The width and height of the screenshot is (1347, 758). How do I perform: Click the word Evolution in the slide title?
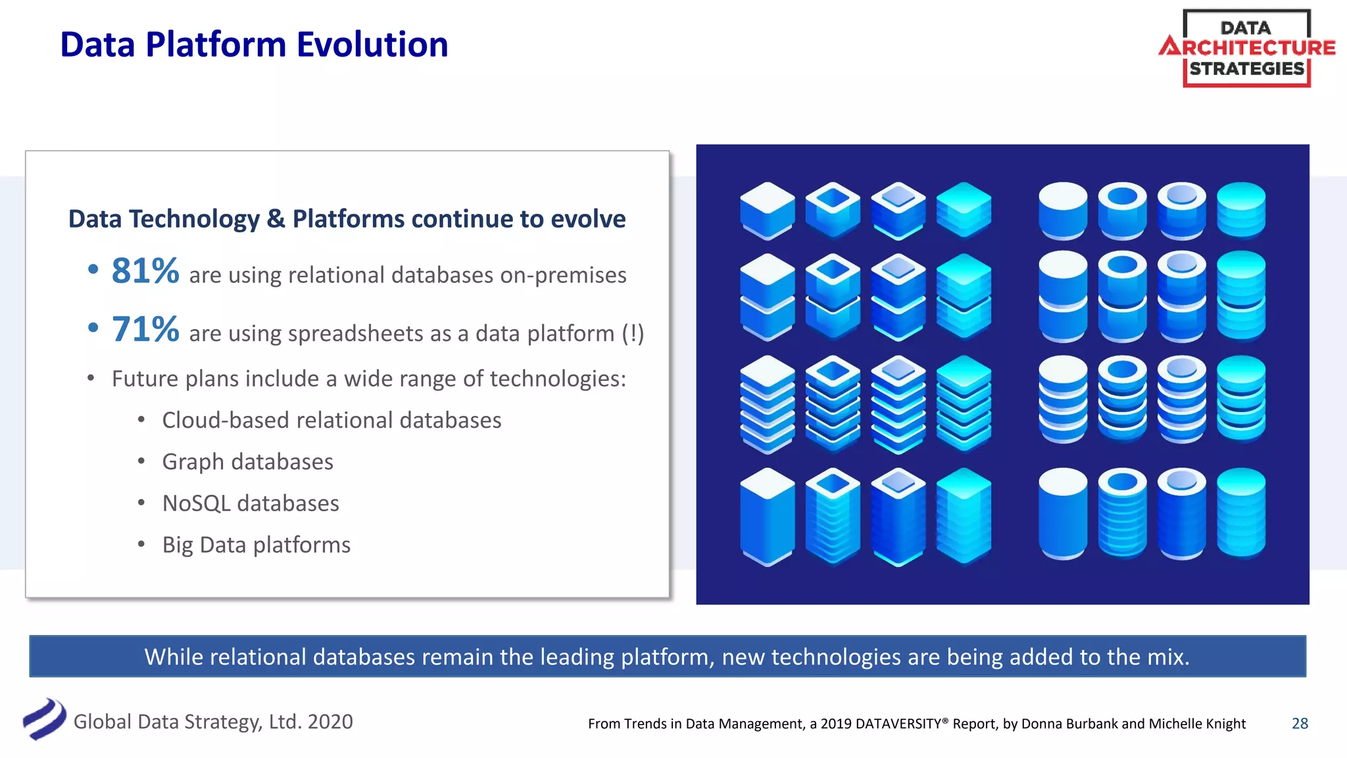[x=372, y=45]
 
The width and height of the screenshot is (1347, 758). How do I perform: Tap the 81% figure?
[x=145, y=271]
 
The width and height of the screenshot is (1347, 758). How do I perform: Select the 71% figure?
[x=145, y=330]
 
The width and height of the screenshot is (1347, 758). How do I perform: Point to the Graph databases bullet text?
[x=247, y=462]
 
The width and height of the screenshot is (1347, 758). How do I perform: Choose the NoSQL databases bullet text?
[x=250, y=503]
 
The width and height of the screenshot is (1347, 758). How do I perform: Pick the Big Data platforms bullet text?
[x=256, y=545]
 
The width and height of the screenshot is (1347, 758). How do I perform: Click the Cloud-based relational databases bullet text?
[x=331, y=420]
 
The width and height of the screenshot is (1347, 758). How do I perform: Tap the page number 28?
[x=1300, y=724]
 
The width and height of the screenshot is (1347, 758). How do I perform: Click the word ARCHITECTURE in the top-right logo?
[x=1248, y=47]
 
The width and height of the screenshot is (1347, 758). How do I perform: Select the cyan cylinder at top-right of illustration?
[x=1240, y=209]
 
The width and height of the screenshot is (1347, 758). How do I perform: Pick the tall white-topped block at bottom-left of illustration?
[x=767, y=517]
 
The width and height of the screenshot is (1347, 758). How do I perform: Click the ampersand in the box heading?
[x=276, y=219]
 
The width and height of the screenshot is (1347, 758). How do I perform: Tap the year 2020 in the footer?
[x=330, y=722]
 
